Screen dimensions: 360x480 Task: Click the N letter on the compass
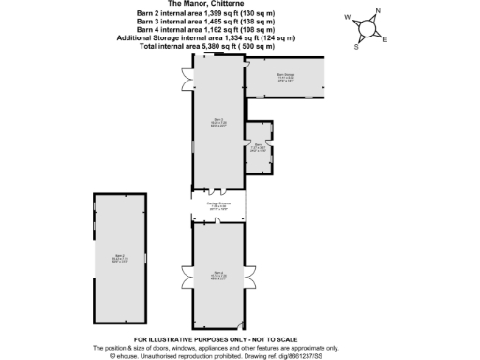378,12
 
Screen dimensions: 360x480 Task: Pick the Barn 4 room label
217,275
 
